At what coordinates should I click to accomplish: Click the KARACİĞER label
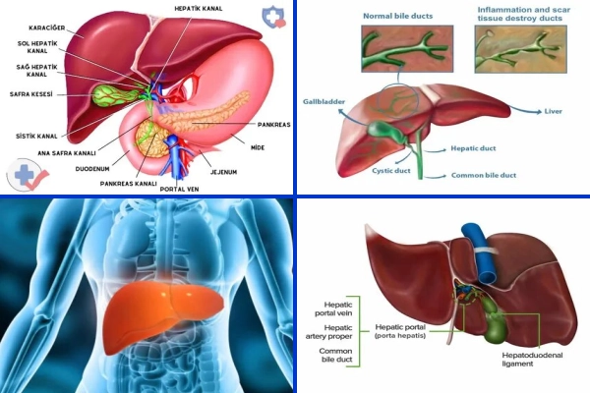point(46,28)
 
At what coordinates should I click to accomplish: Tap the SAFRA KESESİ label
point(30,94)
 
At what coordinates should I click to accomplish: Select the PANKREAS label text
point(274,125)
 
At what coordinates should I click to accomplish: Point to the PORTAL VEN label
point(179,190)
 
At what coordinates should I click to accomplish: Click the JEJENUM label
point(223,172)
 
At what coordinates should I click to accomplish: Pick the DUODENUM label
point(92,169)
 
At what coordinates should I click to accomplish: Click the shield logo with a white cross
point(273,17)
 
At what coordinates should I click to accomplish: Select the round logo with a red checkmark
point(28,175)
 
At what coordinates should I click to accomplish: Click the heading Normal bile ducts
point(397,16)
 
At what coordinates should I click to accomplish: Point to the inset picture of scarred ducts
point(521,49)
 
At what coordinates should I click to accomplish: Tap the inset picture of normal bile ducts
point(407,48)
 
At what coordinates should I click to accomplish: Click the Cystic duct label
point(391,171)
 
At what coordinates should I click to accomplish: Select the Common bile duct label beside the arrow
point(484,175)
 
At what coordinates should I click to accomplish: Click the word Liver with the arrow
point(553,111)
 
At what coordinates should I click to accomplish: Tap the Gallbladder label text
point(324,102)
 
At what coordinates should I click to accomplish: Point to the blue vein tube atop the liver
point(480,253)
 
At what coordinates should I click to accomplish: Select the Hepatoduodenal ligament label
point(532,360)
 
